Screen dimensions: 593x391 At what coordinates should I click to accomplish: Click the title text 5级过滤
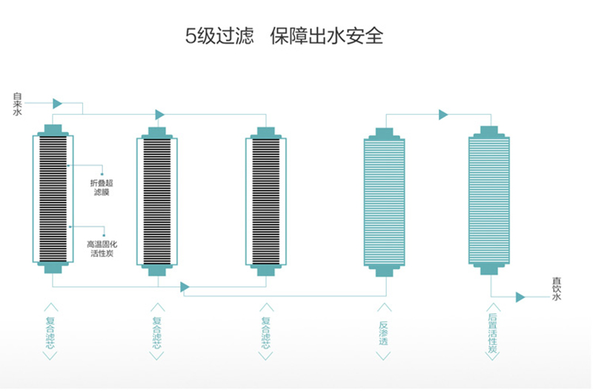pyautogui.click(x=219, y=36)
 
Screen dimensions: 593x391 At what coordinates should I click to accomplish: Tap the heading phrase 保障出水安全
pyautogui.click(x=327, y=36)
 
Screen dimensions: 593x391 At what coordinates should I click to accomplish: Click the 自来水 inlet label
pyautogui.click(x=17, y=104)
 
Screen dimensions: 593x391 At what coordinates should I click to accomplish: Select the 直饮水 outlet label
pyautogui.click(x=557, y=289)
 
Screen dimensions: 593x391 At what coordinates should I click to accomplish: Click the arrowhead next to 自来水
pyautogui.click(x=58, y=103)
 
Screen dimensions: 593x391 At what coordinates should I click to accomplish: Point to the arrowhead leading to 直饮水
pyautogui.click(x=520, y=297)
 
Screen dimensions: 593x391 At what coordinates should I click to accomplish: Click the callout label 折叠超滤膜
pyautogui.click(x=102, y=188)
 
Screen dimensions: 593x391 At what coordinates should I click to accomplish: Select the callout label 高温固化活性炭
pyautogui.click(x=102, y=249)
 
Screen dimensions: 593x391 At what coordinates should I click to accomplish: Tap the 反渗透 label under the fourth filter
pyautogui.click(x=383, y=333)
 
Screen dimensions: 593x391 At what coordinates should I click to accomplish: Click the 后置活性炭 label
pyautogui.click(x=492, y=333)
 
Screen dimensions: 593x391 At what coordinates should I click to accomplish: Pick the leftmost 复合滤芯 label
pyautogui.click(x=50, y=333)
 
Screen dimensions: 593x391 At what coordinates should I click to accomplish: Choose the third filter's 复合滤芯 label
pyautogui.click(x=266, y=333)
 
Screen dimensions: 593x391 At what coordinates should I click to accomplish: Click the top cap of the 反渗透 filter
pyautogui.click(x=384, y=134)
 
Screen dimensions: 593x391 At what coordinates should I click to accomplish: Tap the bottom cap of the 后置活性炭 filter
pyautogui.click(x=489, y=269)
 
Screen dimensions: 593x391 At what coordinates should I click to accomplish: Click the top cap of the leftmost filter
pyautogui.click(x=53, y=130)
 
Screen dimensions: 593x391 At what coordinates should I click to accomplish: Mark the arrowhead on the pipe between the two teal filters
pyautogui.click(x=443, y=114)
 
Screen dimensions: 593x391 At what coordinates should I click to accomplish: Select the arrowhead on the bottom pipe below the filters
pyautogui.click(x=185, y=287)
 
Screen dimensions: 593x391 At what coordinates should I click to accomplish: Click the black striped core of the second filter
pyautogui.click(x=157, y=202)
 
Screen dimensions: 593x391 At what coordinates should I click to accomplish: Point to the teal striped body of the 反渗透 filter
pyautogui.click(x=384, y=203)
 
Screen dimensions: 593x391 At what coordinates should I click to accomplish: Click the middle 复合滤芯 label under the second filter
pyautogui.click(x=157, y=333)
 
